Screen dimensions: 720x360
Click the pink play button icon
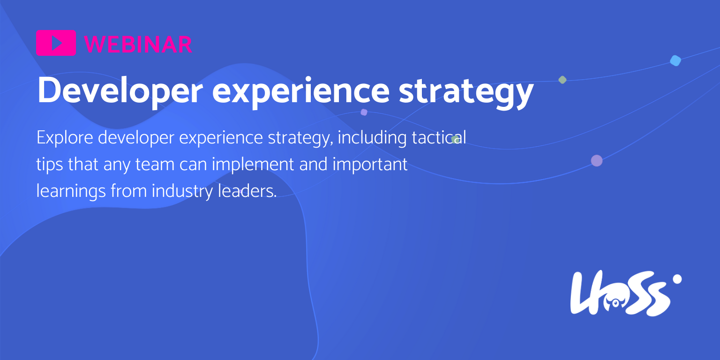click(x=56, y=43)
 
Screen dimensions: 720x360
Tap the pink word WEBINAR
click(x=138, y=45)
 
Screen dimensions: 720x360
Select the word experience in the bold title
click(x=301, y=91)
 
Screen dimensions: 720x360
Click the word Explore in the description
click(x=65, y=138)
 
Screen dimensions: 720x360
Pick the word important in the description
click(x=370, y=165)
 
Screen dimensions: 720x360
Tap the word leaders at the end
click(x=247, y=191)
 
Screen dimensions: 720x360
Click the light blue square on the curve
click(x=675, y=60)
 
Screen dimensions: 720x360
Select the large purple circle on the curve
click(x=597, y=160)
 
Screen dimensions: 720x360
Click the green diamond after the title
click(x=562, y=80)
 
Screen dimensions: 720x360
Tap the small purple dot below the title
click(x=364, y=112)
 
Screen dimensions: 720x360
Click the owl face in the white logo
click(x=615, y=302)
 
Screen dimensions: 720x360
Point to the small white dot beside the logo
click(x=677, y=279)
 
